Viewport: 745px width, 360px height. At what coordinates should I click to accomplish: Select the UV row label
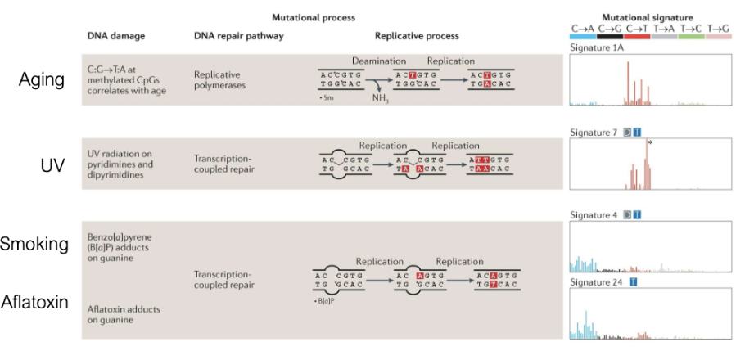point(52,165)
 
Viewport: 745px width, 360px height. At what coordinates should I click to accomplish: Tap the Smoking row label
point(34,244)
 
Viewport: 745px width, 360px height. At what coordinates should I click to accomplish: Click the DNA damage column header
point(116,37)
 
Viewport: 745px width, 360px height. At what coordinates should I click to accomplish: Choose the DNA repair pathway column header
point(238,37)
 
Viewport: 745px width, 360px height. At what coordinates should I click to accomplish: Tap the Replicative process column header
point(417,37)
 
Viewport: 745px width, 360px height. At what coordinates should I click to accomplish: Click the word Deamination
point(379,61)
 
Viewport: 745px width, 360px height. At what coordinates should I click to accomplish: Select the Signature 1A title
point(596,48)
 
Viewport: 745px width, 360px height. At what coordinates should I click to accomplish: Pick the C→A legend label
point(583,28)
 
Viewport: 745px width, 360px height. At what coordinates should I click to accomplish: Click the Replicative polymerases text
point(217,79)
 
